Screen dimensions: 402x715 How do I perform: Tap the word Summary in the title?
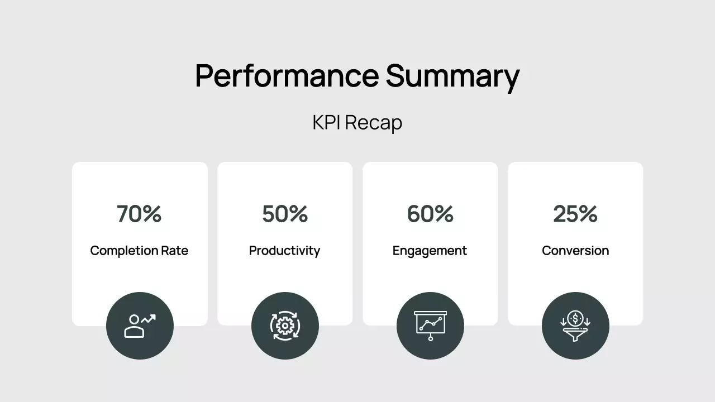(x=452, y=76)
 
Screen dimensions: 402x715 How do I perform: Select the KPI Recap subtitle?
(x=357, y=122)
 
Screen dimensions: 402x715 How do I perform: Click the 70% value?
(x=139, y=214)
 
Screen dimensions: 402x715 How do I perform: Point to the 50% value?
(x=285, y=214)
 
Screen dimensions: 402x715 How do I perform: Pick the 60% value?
(x=430, y=214)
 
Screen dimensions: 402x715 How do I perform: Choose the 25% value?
(x=575, y=214)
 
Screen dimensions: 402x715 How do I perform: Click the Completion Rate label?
(x=139, y=251)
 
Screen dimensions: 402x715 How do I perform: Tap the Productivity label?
(x=284, y=251)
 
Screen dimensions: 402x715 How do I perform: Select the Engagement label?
(x=430, y=251)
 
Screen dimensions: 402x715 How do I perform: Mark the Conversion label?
(x=575, y=251)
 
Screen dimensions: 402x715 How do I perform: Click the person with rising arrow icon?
(x=140, y=326)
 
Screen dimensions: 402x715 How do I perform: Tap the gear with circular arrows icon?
(x=285, y=326)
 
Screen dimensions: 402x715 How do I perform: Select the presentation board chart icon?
(x=430, y=326)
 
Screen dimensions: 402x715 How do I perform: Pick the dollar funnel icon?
(x=575, y=326)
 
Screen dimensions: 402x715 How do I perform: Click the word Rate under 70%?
(x=175, y=251)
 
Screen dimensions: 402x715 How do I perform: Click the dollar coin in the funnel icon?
(x=575, y=319)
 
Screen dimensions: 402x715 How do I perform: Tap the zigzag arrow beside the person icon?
(x=149, y=319)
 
